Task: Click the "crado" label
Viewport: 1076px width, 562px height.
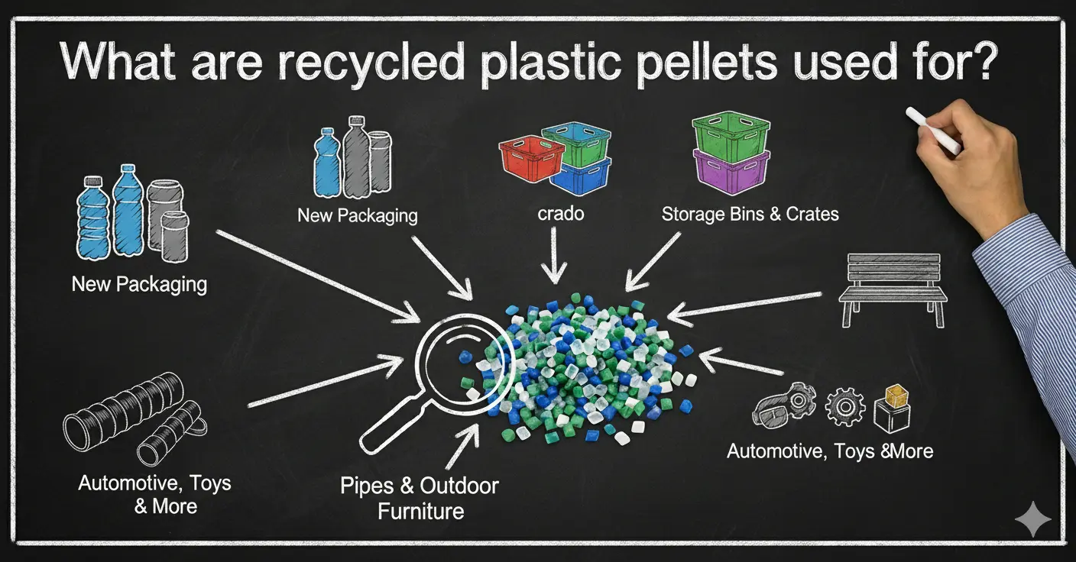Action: tap(560, 213)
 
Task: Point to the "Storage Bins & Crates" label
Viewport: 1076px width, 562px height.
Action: tap(750, 214)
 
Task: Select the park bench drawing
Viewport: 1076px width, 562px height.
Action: tap(893, 290)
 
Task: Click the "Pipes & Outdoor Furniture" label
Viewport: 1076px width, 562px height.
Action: tap(420, 497)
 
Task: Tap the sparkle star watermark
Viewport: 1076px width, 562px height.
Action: tap(1032, 521)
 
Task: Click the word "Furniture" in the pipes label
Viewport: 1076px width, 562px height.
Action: tap(420, 510)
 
